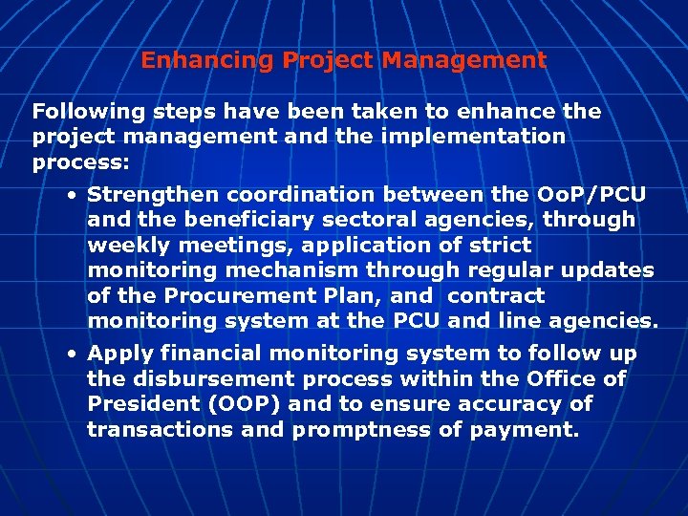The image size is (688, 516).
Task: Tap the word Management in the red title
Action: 464,60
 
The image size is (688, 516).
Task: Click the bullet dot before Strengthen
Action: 73,195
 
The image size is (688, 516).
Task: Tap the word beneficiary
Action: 230,220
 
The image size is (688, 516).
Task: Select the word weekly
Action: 119,246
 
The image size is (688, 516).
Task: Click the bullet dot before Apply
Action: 73,354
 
